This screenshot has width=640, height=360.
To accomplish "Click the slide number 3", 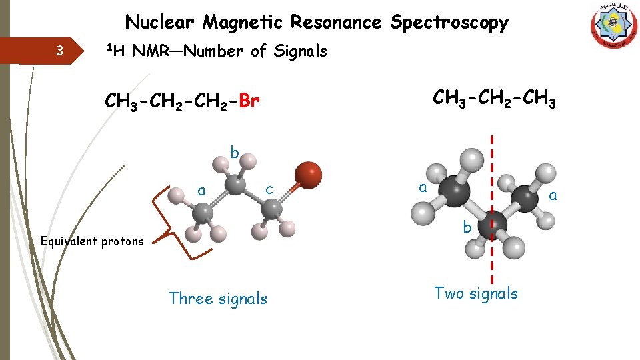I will pyautogui.click(x=60, y=50).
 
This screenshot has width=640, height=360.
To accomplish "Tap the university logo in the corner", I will pyautogui.click(x=613, y=26).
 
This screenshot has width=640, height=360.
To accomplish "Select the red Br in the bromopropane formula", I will pyautogui.click(x=249, y=102).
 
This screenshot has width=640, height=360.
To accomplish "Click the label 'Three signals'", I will pyautogui.click(x=217, y=299).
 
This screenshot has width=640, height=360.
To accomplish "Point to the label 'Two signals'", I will pyautogui.click(x=475, y=293).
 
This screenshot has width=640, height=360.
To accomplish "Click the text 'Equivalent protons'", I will pyautogui.click(x=92, y=241).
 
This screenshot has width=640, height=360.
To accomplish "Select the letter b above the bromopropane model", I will pyautogui.click(x=235, y=153).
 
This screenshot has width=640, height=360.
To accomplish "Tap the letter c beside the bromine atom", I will pyautogui.click(x=269, y=189).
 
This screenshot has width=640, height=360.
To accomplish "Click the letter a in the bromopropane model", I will pyautogui.click(x=201, y=191).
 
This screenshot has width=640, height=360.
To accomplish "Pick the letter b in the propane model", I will pyautogui.click(x=467, y=229).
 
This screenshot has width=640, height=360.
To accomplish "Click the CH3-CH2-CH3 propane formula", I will pyautogui.click(x=494, y=99).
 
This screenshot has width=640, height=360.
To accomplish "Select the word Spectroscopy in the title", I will pyautogui.click(x=449, y=23).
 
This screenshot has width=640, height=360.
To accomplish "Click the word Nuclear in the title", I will pyautogui.click(x=161, y=23).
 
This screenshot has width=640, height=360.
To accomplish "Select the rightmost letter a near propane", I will pyautogui.click(x=552, y=195).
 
